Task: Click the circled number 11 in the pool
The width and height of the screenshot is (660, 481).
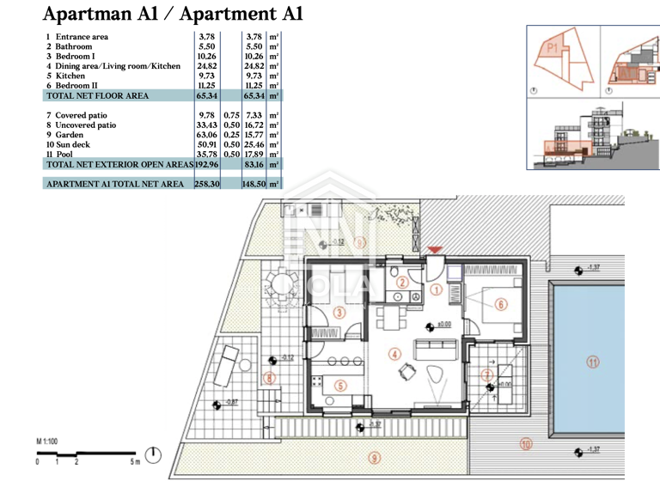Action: coord(592,362)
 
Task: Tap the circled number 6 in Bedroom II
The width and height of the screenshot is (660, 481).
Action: coord(500,303)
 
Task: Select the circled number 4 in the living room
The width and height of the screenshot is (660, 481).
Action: coord(394,353)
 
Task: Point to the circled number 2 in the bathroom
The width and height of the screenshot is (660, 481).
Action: coord(401,283)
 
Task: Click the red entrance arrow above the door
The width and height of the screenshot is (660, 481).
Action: coord(436,249)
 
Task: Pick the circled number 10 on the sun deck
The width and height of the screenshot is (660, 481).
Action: coord(526,444)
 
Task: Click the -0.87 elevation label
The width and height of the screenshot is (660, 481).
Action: coord(229,401)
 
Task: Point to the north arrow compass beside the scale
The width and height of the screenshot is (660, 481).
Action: coord(153,454)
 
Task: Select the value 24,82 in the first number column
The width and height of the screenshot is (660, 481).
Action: coord(206,65)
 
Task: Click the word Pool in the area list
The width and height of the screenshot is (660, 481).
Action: coord(65,154)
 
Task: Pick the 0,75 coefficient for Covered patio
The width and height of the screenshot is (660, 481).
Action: coord(231,115)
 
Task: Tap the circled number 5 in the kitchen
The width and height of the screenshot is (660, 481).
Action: coord(339,387)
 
